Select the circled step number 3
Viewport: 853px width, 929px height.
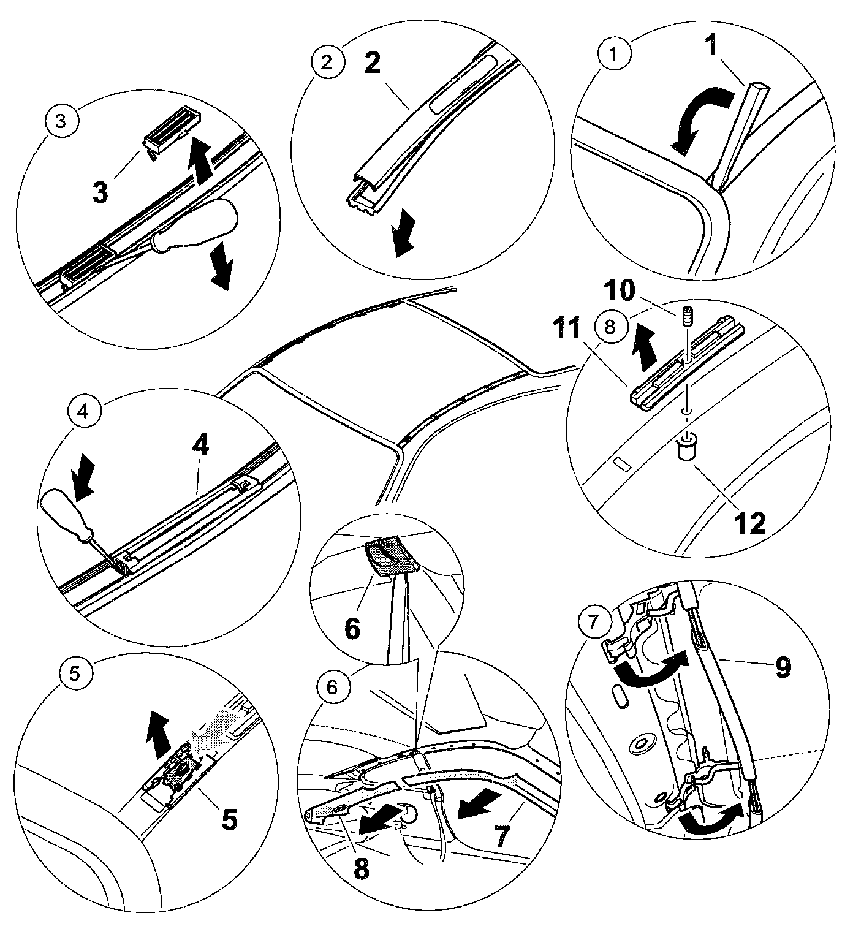tap(61, 121)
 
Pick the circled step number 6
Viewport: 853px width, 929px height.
tap(331, 687)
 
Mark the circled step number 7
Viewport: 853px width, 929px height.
tap(591, 623)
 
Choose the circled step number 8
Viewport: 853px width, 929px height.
tap(609, 326)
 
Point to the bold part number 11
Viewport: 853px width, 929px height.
tap(577, 330)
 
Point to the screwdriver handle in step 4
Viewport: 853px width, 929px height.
tap(60, 510)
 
